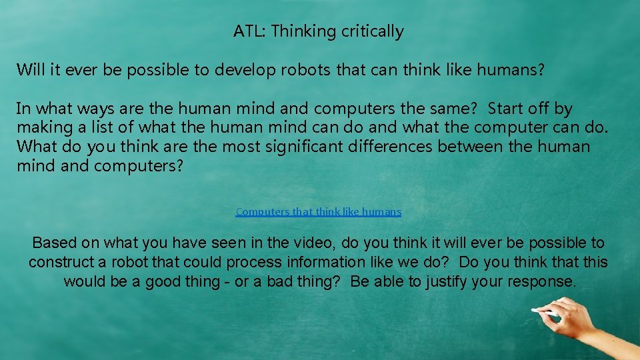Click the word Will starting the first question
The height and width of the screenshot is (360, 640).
pos(30,69)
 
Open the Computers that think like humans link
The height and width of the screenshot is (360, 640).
pos(319,212)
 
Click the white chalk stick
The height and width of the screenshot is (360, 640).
pos(545,311)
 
